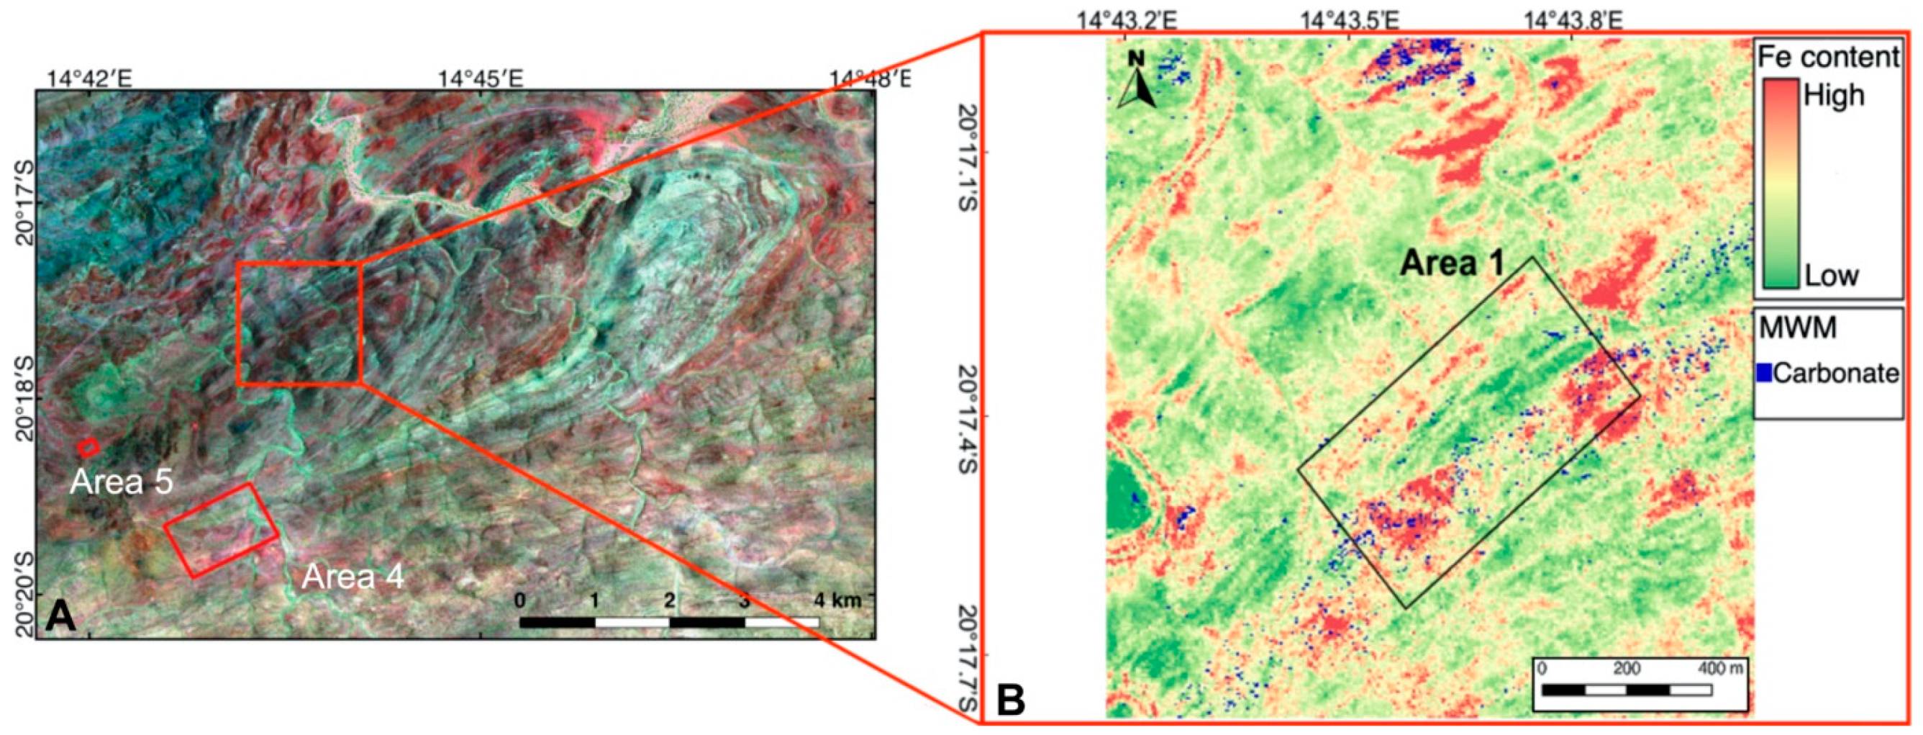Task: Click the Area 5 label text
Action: click(x=122, y=482)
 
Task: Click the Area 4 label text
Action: click(x=353, y=577)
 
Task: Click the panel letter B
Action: click(x=1011, y=700)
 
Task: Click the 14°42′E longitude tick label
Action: click(x=90, y=78)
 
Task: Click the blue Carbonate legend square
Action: click(x=1765, y=373)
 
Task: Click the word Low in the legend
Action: click(x=1832, y=276)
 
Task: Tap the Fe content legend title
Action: click(x=1828, y=57)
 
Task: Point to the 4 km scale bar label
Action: click(x=837, y=600)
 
